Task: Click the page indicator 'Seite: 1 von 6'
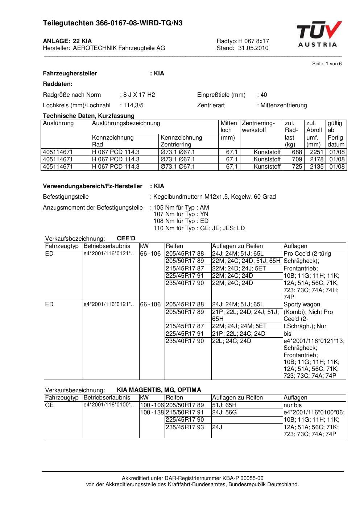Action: click(327, 64)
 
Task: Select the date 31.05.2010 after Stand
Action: click(253, 48)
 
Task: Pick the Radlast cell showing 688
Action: click(297, 152)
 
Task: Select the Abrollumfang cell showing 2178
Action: click(316, 160)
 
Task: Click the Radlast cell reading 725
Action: click(297, 167)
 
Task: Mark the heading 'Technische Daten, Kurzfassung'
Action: click(88, 116)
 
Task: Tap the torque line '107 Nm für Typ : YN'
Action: click(181, 214)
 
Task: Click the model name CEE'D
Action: click(126, 238)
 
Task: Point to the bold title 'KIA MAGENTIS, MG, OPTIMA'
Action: click(159, 390)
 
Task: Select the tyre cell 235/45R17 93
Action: click(185, 427)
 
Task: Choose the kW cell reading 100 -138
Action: click(152, 413)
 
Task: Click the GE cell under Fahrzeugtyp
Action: click(49, 405)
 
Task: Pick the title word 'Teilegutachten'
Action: click(68, 23)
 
